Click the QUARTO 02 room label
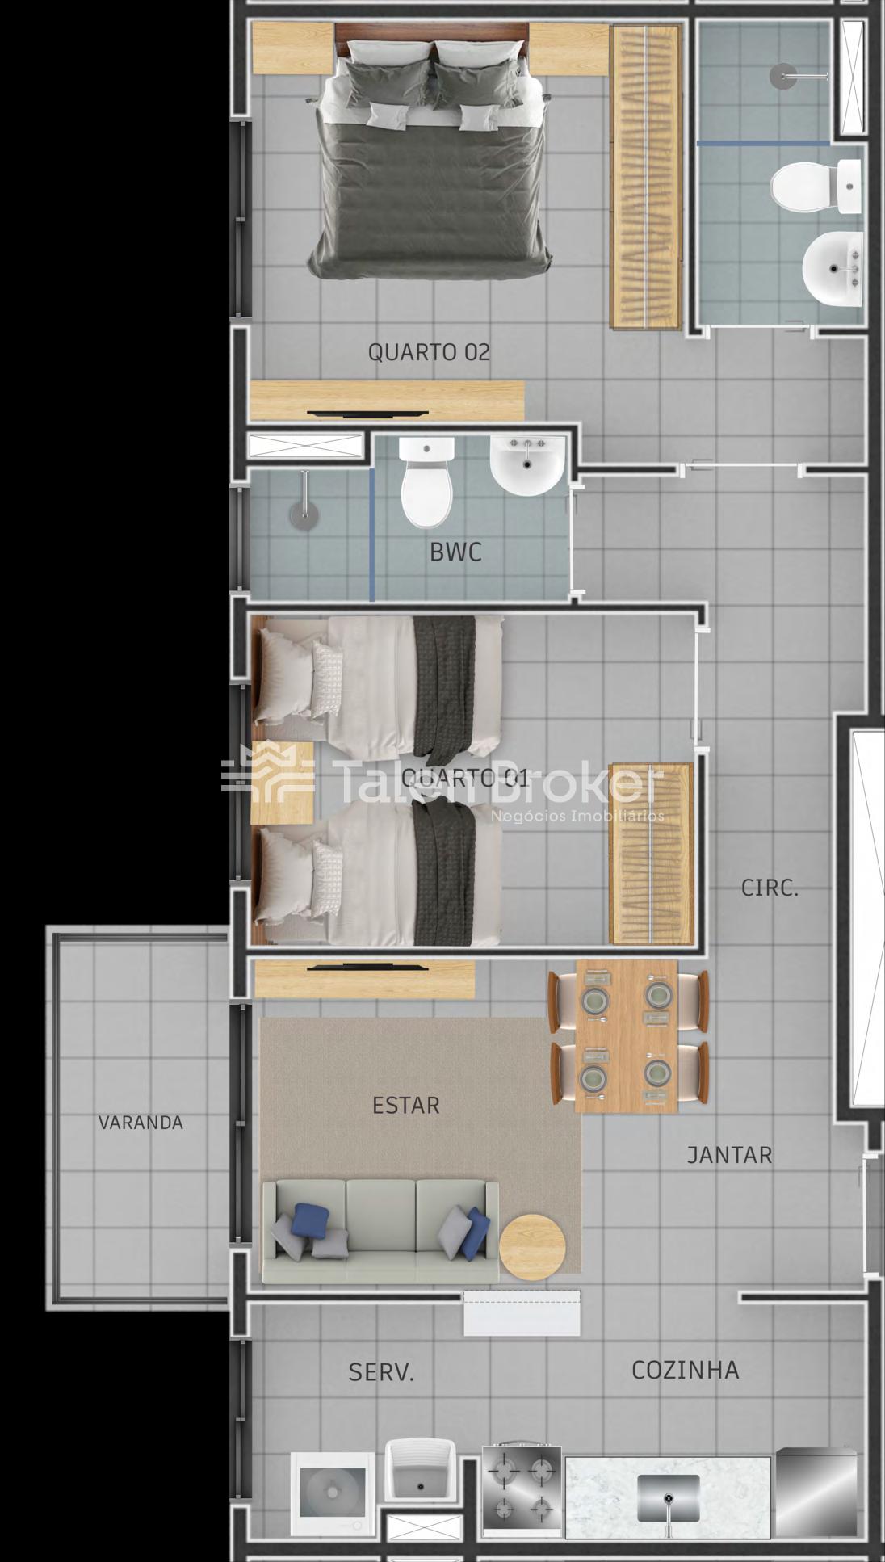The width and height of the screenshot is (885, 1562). click(429, 352)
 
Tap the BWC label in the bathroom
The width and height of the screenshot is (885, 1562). click(455, 552)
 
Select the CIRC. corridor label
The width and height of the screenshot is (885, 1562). click(770, 888)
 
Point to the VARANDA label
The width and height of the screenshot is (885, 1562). click(141, 1123)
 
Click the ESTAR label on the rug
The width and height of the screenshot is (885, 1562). click(406, 1106)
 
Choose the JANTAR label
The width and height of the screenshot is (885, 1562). click(729, 1155)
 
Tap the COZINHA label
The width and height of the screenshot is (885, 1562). click(686, 1370)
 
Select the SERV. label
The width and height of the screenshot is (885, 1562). click(381, 1372)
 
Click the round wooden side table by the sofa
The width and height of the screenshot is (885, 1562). click(532, 1247)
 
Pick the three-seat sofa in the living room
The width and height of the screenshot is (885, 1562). click(380, 1232)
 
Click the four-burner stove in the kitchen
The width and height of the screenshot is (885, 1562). click(522, 1490)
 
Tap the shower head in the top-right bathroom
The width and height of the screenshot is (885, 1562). click(783, 77)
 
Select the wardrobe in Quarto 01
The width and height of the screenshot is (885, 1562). click(651, 854)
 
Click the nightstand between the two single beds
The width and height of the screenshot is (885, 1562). click(282, 782)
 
